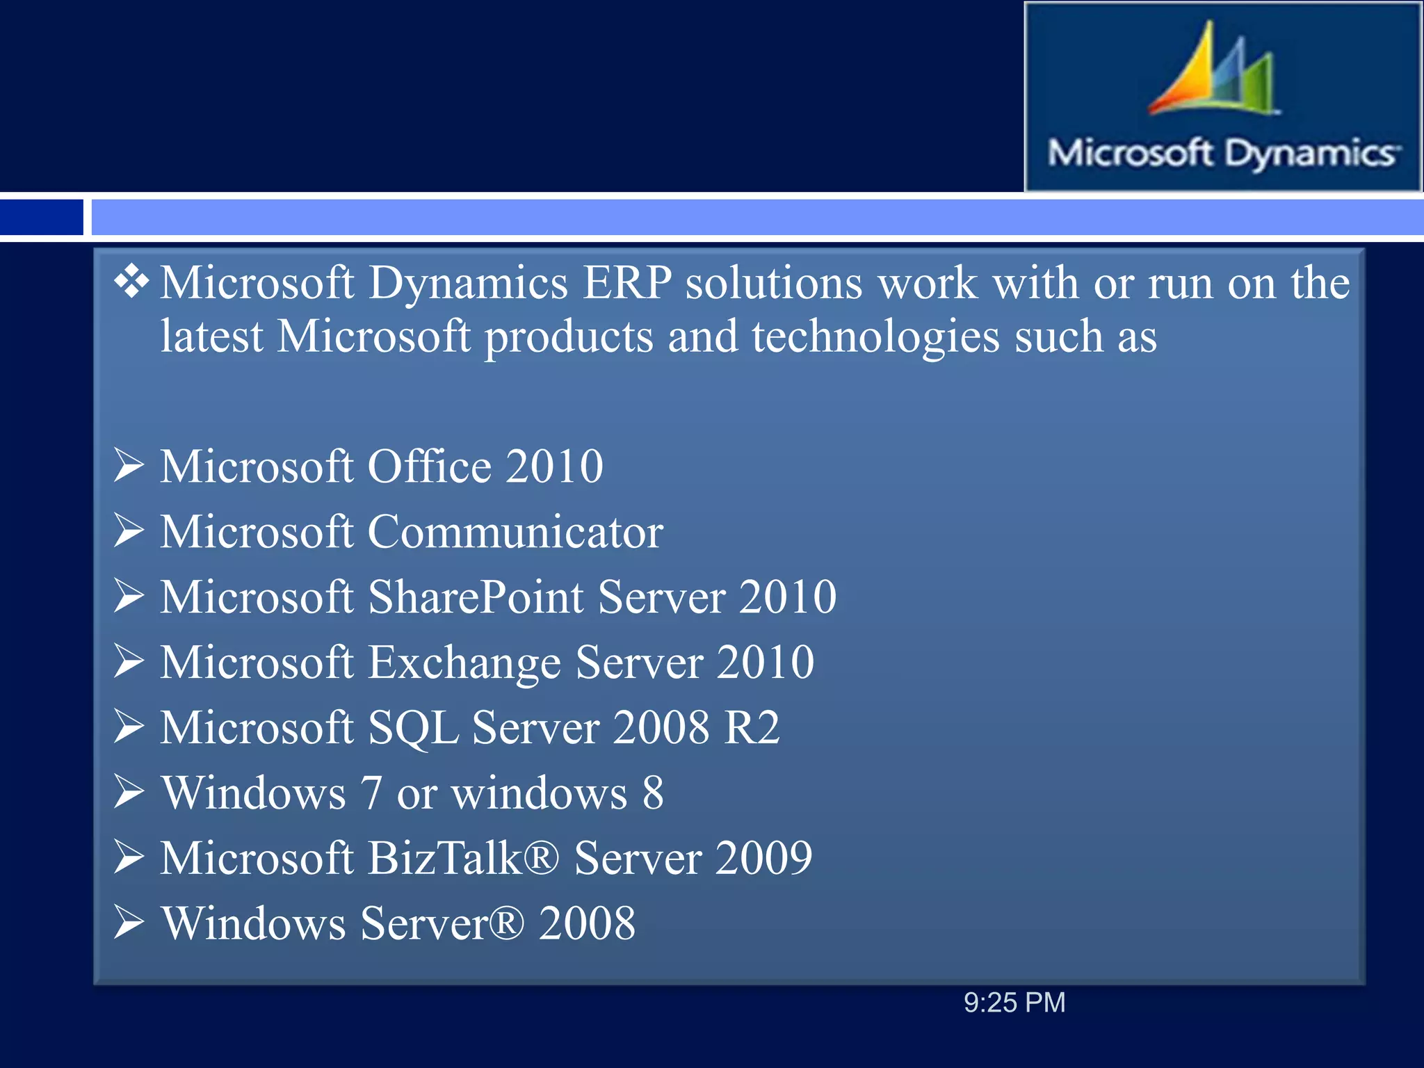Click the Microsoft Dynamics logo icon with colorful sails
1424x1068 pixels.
point(1213,70)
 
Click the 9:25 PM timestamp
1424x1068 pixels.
point(1014,1003)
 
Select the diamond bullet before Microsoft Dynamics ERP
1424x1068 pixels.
point(131,282)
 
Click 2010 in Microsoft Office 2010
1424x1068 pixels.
point(554,466)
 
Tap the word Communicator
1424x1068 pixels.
point(515,533)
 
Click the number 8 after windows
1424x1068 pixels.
point(652,793)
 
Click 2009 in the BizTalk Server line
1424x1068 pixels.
point(763,858)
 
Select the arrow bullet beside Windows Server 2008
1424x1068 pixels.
point(129,922)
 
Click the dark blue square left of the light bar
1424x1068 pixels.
point(41,217)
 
